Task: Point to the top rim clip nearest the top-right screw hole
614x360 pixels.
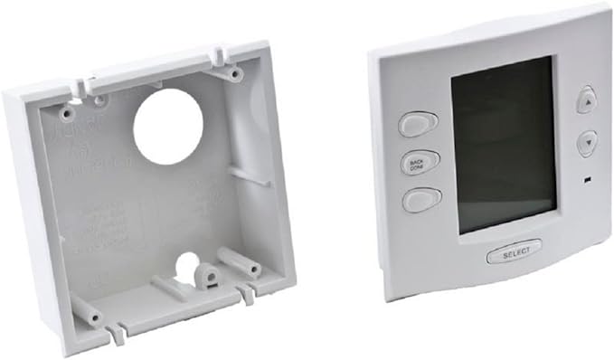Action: (221, 56)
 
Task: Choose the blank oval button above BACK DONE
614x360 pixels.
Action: (418, 123)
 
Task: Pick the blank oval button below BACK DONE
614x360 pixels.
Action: (420, 200)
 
